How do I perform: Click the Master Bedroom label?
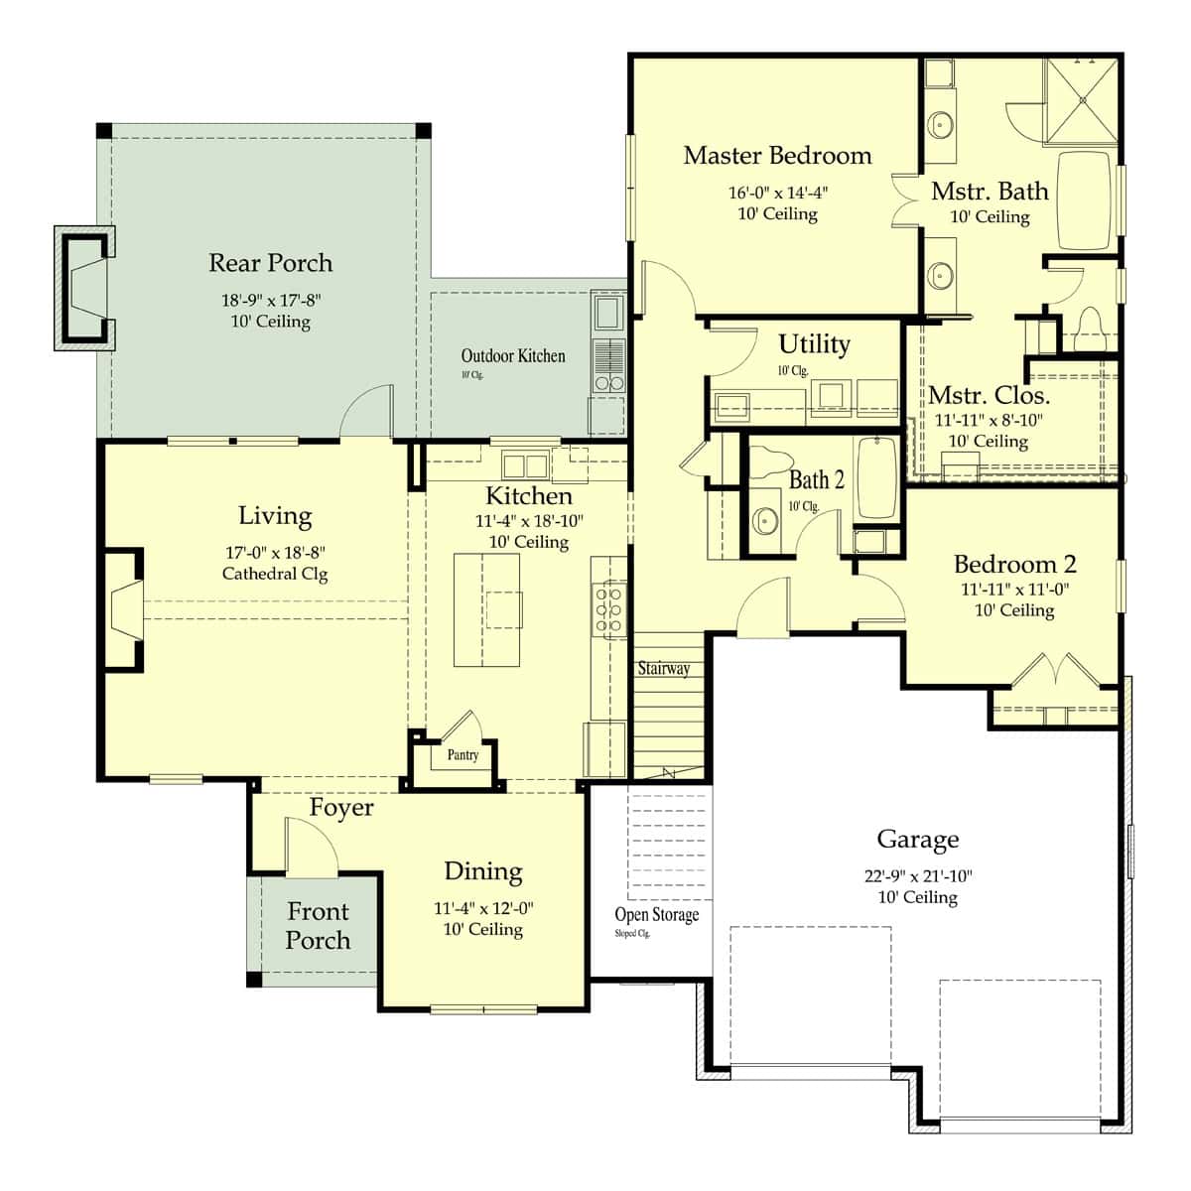pyautogui.click(x=777, y=156)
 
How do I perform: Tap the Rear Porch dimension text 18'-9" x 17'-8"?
pyautogui.click(x=271, y=301)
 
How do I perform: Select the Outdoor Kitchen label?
pyautogui.click(x=512, y=355)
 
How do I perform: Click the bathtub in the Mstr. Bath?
pyautogui.click(x=1084, y=200)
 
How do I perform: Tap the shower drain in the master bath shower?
pyautogui.click(x=1082, y=99)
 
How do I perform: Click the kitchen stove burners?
pyautogui.click(x=608, y=610)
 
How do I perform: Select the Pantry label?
pyautogui.click(x=463, y=754)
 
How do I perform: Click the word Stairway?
pyautogui.click(x=664, y=668)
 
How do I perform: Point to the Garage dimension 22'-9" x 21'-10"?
pyautogui.click(x=918, y=875)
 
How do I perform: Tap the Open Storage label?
pyautogui.click(x=656, y=914)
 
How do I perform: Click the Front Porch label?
pyautogui.click(x=318, y=926)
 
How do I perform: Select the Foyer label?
pyautogui.click(x=341, y=807)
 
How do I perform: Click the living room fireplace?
pyautogui.click(x=124, y=608)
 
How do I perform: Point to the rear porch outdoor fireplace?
pyautogui.click(x=84, y=288)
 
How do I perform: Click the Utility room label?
pyautogui.click(x=814, y=344)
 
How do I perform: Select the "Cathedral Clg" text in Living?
pyautogui.click(x=274, y=574)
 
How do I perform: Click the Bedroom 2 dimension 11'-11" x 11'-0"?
pyautogui.click(x=1014, y=589)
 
